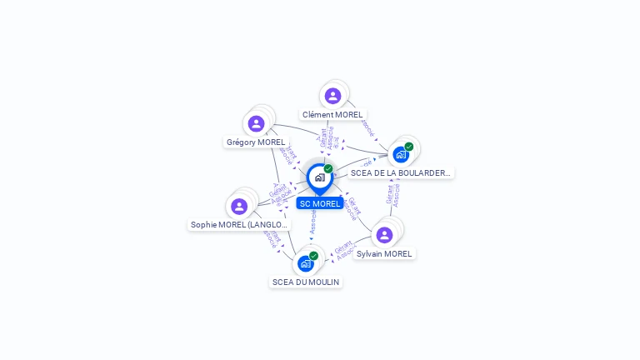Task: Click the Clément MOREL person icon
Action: pyautogui.click(x=332, y=96)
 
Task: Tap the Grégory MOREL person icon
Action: pyautogui.click(x=256, y=124)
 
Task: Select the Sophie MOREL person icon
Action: pyautogui.click(x=239, y=206)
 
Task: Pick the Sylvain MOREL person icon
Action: pyautogui.click(x=384, y=235)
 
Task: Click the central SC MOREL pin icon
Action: pyautogui.click(x=319, y=177)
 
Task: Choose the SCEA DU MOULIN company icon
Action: pyautogui.click(x=306, y=263)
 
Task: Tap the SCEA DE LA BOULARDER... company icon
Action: pyautogui.click(x=401, y=154)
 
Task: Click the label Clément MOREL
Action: pyautogui.click(x=332, y=115)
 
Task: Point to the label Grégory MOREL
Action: pyautogui.click(x=256, y=142)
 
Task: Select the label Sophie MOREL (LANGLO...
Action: pyautogui.click(x=239, y=225)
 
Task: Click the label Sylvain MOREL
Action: pyautogui.click(x=384, y=254)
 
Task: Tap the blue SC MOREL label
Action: pyautogui.click(x=320, y=204)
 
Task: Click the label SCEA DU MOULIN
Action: pyautogui.click(x=306, y=282)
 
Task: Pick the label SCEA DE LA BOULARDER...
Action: pyautogui.click(x=401, y=173)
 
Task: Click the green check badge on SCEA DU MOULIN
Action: pyautogui.click(x=313, y=256)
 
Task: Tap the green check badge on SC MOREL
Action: pyautogui.click(x=328, y=169)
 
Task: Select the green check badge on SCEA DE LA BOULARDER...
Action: pyautogui.click(x=409, y=147)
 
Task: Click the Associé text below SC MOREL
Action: pyautogui.click(x=313, y=221)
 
